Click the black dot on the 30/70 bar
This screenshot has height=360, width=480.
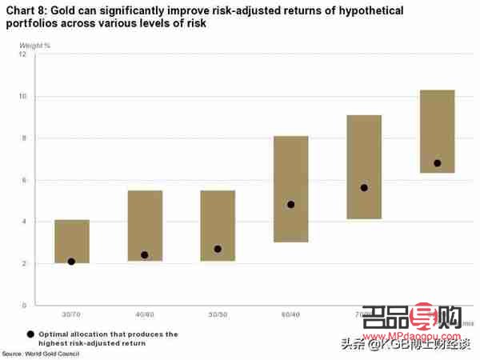(72, 262)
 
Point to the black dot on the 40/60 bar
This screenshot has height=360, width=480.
(145, 255)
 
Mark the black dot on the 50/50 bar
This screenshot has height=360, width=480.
(218, 249)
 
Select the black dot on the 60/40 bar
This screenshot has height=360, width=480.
(290, 204)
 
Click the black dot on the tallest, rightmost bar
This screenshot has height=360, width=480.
(437, 163)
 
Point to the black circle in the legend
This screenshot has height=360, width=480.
(30, 334)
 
